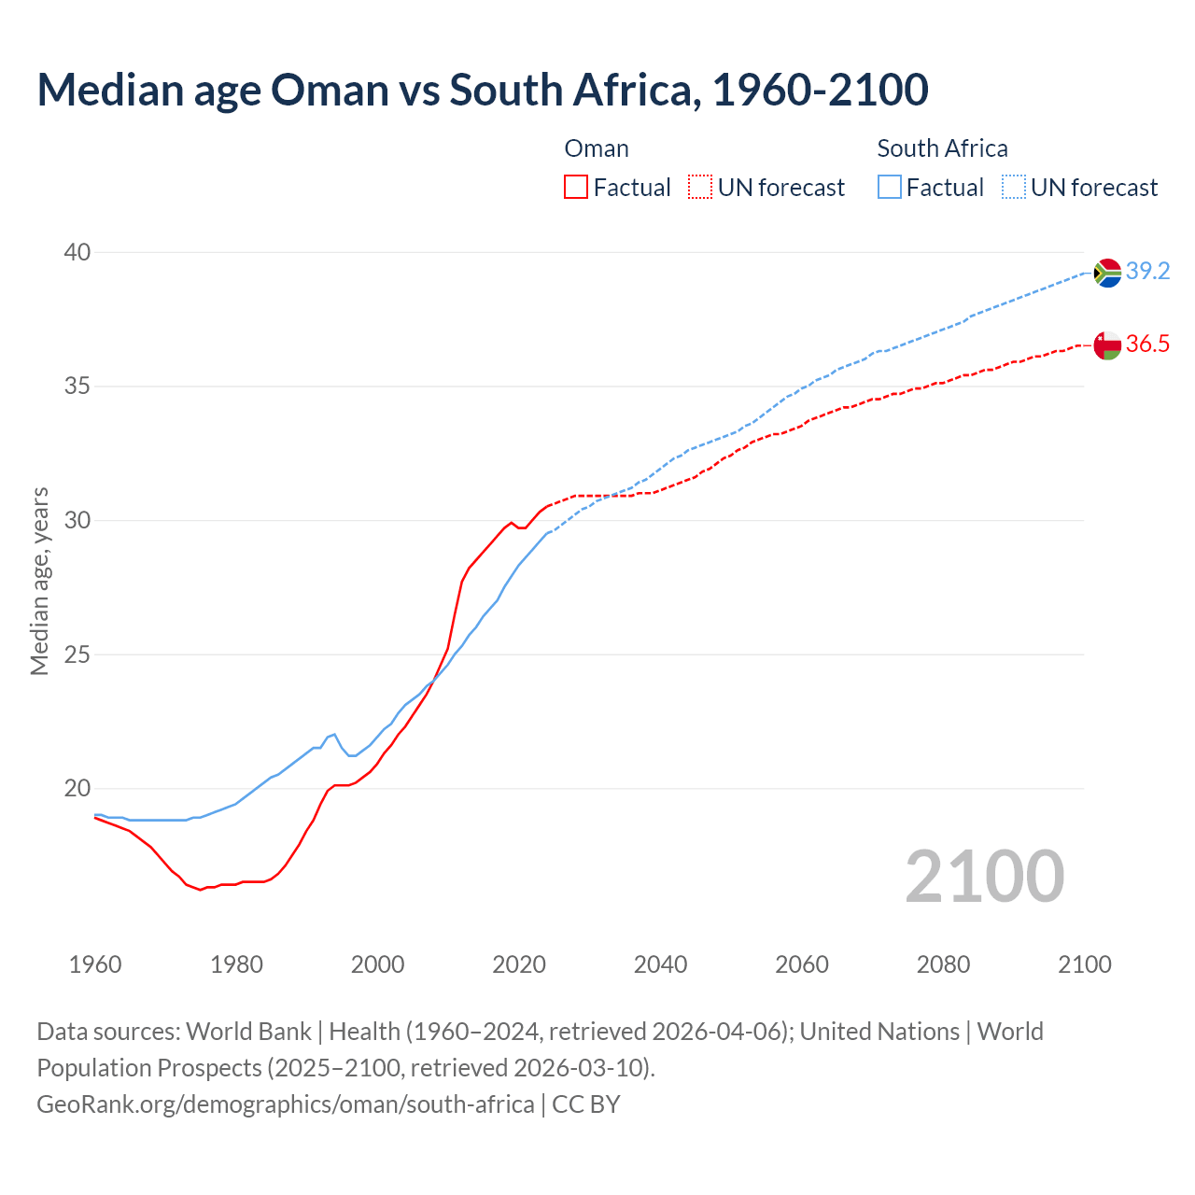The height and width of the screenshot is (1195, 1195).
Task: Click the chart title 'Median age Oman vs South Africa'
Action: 482,90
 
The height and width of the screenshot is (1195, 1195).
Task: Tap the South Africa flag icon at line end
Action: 1107,273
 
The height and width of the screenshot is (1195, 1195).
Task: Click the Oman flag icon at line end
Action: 1107,344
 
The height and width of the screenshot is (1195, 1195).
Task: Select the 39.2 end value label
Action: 1147,272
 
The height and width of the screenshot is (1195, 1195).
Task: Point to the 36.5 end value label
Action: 1147,344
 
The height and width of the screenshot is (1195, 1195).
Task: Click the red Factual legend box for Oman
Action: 576,188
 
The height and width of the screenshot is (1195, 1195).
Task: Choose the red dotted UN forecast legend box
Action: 700,188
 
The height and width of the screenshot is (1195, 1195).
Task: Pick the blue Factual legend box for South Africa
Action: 890,188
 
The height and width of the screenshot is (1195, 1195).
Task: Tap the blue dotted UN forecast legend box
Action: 1014,188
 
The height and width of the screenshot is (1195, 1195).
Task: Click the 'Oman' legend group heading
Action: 597,148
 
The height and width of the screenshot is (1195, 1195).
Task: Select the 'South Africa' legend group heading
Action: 942,148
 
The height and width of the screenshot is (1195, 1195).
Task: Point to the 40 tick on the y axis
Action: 77,252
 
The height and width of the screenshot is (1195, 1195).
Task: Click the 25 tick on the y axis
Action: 77,654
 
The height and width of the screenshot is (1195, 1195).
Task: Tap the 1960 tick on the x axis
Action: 95,964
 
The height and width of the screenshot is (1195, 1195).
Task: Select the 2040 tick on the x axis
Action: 660,964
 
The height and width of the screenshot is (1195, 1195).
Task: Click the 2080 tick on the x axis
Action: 943,964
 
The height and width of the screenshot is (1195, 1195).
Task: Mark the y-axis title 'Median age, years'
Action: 39,581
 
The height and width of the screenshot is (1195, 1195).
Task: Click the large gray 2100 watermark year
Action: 985,877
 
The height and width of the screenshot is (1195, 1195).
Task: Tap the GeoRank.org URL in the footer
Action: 286,1104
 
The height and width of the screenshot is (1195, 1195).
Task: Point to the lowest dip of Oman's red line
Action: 200,890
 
